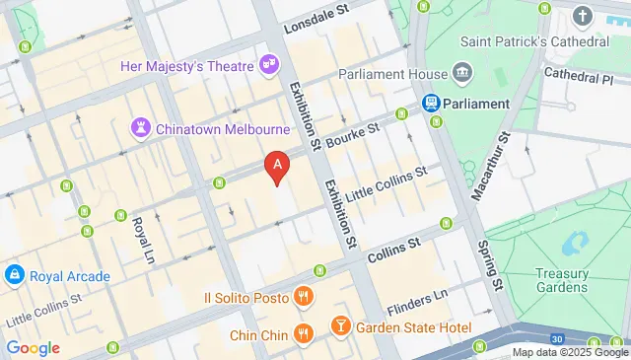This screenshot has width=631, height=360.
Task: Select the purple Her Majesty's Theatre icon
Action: pos(268,64)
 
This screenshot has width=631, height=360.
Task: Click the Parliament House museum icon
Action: pos(460,75)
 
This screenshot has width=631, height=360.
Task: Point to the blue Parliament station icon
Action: pos(431,103)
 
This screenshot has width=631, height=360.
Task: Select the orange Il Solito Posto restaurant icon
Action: pos(304,296)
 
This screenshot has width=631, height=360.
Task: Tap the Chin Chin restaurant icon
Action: pos(304,332)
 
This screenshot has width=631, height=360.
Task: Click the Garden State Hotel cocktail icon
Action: pos(340,325)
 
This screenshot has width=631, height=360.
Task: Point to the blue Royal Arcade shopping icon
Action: pos(16,274)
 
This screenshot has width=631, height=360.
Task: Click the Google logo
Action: pos(34,347)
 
